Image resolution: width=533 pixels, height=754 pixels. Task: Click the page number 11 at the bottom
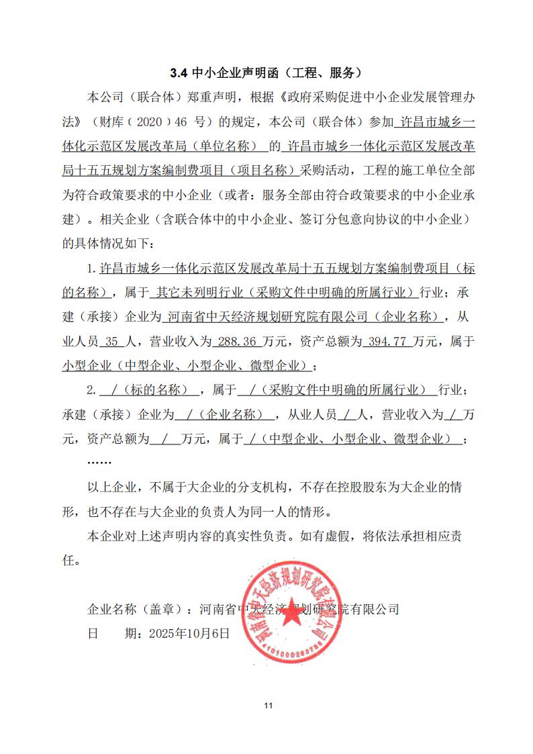pyautogui.click(x=267, y=705)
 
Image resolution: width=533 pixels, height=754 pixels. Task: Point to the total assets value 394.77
pyautogui.click(x=386, y=342)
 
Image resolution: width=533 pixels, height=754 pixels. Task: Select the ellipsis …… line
pyautogui.click(x=99, y=462)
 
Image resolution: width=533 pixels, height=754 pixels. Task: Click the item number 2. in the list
pyautogui.click(x=92, y=390)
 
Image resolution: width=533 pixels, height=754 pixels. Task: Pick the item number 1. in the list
pyautogui.click(x=92, y=269)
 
